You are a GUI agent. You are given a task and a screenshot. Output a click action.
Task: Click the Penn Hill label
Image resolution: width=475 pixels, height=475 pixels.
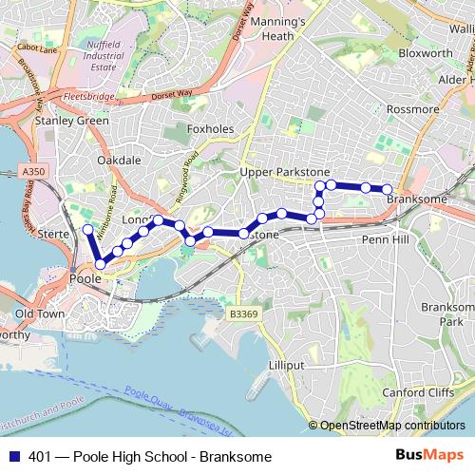point(385,240)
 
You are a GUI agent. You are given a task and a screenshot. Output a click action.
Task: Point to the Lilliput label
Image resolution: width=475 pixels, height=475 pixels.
point(286,365)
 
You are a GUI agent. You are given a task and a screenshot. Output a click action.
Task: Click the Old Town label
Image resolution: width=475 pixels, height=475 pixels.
point(40,313)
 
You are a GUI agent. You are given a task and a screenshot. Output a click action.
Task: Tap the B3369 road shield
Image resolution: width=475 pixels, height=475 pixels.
point(244,313)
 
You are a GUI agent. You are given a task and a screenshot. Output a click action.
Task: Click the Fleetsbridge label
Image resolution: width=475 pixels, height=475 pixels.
point(88,97)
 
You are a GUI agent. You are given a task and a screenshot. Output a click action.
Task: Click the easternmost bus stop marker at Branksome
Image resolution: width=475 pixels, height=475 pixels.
point(388,189)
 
